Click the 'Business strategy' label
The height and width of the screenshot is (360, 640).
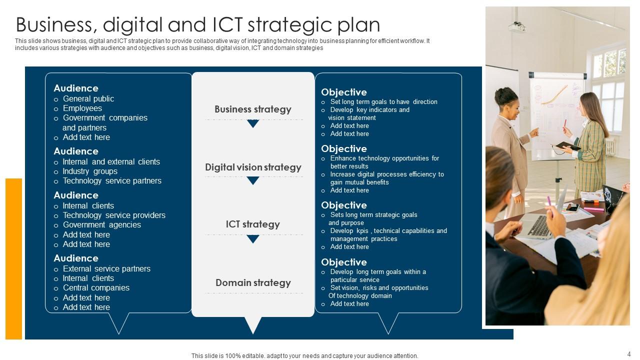click(x=253, y=109)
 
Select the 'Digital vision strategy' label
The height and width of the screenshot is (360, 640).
click(x=253, y=167)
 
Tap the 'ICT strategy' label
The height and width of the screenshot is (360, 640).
click(x=253, y=224)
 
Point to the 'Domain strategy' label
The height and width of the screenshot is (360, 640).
click(x=253, y=282)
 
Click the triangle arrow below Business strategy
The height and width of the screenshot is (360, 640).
click(x=253, y=123)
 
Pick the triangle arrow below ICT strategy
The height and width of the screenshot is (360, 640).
click(x=253, y=239)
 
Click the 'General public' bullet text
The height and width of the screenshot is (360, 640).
click(x=88, y=99)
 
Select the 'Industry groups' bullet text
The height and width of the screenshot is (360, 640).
click(x=90, y=171)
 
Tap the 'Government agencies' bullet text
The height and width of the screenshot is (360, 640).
click(x=101, y=225)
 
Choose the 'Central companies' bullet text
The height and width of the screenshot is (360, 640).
click(x=96, y=287)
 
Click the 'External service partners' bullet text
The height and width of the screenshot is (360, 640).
click(x=106, y=268)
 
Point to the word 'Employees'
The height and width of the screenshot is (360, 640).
click(x=82, y=108)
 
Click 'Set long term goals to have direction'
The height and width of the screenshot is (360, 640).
click(x=383, y=101)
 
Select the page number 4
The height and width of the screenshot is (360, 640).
click(x=629, y=354)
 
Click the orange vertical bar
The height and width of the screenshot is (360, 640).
click(x=13, y=259)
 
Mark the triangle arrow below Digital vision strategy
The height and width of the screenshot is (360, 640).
click(x=253, y=180)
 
